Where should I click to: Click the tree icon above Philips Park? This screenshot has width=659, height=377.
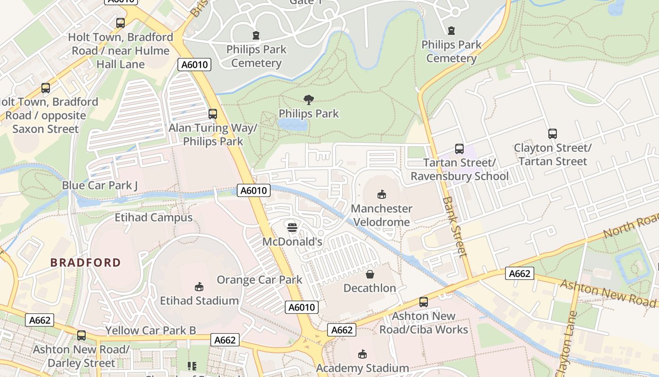pyautogui.click(x=309, y=99)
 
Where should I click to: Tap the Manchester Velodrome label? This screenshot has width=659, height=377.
pyautogui.click(x=382, y=215)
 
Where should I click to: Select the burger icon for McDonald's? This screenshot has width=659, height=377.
pyautogui.click(x=292, y=228)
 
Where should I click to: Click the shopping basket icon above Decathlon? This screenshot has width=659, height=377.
pyautogui.click(x=370, y=274)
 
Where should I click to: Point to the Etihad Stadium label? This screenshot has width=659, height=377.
pyautogui.click(x=199, y=301)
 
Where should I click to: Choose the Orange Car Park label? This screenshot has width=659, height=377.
pyautogui.click(x=259, y=280)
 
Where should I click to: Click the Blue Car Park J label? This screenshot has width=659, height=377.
pyautogui.click(x=100, y=186)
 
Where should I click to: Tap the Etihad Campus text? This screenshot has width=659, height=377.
pyautogui.click(x=153, y=218)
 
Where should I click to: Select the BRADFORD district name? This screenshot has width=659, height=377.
pyautogui.click(x=86, y=262)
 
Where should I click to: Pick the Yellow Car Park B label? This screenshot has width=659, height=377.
pyautogui.click(x=150, y=331)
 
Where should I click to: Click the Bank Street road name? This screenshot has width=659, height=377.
pyautogui.click(x=455, y=226)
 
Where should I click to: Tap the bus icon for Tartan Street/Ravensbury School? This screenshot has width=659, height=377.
pyautogui.click(x=459, y=149)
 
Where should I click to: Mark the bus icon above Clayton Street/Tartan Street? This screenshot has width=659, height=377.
pyautogui.click(x=553, y=134)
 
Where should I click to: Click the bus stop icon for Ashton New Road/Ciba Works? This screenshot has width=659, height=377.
pyautogui.click(x=424, y=302)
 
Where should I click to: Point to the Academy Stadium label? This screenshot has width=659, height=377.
pyautogui.click(x=362, y=368)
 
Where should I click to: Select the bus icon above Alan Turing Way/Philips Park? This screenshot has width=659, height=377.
pyautogui.click(x=213, y=114)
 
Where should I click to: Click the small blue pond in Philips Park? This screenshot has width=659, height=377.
pyautogui.click(x=292, y=124)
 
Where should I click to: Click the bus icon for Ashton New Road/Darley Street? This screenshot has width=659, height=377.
pyautogui.click(x=81, y=336)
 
